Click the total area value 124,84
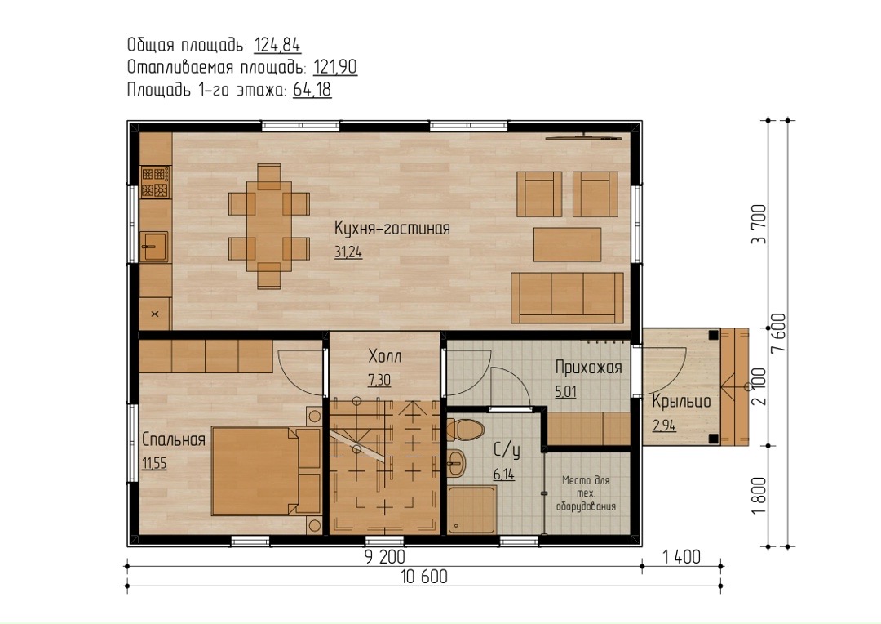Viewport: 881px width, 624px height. [x=277, y=45]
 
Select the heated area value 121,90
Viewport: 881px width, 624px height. [x=335, y=68]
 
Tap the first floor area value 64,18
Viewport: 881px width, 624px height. [x=312, y=90]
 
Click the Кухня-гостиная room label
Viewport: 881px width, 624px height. [x=392, y=229]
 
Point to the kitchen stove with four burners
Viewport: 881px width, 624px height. [x=155, y=182]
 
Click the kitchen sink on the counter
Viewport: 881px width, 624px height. [x=154, y=247]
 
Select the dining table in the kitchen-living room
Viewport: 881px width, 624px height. [x=269, y=226]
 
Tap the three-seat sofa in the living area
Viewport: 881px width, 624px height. [x=568, y=298]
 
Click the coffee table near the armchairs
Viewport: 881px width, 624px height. [x=568, y=245]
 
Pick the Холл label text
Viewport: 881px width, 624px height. [x=385, y=356]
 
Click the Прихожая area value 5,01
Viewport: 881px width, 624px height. [x=566, y=391]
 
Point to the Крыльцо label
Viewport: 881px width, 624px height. [x=681, y=401]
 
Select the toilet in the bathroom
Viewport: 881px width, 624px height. [x=465, y=430]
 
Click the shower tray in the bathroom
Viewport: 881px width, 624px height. [x=472, y=510]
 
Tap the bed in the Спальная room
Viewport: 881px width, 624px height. [x=266, y=471]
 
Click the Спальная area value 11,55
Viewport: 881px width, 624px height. [x=154, y=464]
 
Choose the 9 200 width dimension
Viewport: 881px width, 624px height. [x=385, y=557]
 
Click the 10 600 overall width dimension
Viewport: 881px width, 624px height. [x=424, y=577]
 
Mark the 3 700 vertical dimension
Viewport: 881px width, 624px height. [x=759, y=224]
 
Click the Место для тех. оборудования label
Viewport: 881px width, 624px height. [x=586, y=493]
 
